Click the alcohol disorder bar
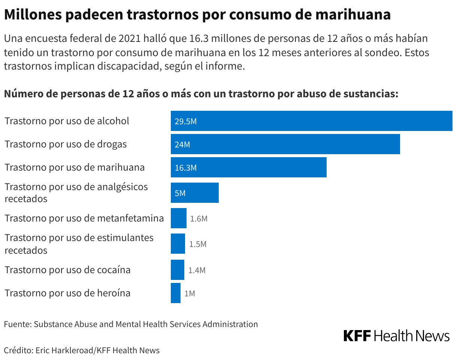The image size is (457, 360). point(311,121)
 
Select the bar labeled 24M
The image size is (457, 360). point(285,144)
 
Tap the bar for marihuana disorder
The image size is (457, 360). point(248,167)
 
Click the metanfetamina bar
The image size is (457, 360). point(178,219)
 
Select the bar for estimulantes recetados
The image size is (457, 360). point(178,244)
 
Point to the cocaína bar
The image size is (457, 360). point(177,270)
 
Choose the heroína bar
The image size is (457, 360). point(175,293)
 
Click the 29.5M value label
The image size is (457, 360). point(185,121)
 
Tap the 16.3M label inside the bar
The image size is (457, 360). point(185,168)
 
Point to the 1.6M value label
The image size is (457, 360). point(199,219)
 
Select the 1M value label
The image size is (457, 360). point(190,293)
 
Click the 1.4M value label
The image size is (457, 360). point(197,270)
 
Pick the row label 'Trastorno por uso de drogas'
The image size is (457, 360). point(66,144)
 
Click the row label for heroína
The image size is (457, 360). point(67,293)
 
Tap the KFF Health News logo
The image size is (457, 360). point(396,336)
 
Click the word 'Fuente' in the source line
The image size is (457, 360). point(16,324)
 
